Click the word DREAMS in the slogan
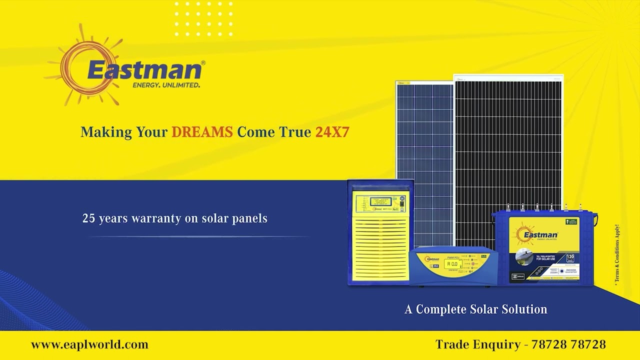pos(202,132)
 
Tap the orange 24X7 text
pos(332,132)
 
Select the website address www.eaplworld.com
pos(89,344)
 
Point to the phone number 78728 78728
pos(568,344)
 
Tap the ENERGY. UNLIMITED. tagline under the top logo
pos(166,85)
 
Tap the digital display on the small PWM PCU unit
pos(452,264)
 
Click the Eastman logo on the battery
pos(537,234)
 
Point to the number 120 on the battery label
pos(570,257)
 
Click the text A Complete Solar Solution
pos(475,309)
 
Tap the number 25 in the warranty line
pos(88,218)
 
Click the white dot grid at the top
pos(203,19)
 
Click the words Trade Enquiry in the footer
pos(478,344)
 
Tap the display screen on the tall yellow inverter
pos(380,201)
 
